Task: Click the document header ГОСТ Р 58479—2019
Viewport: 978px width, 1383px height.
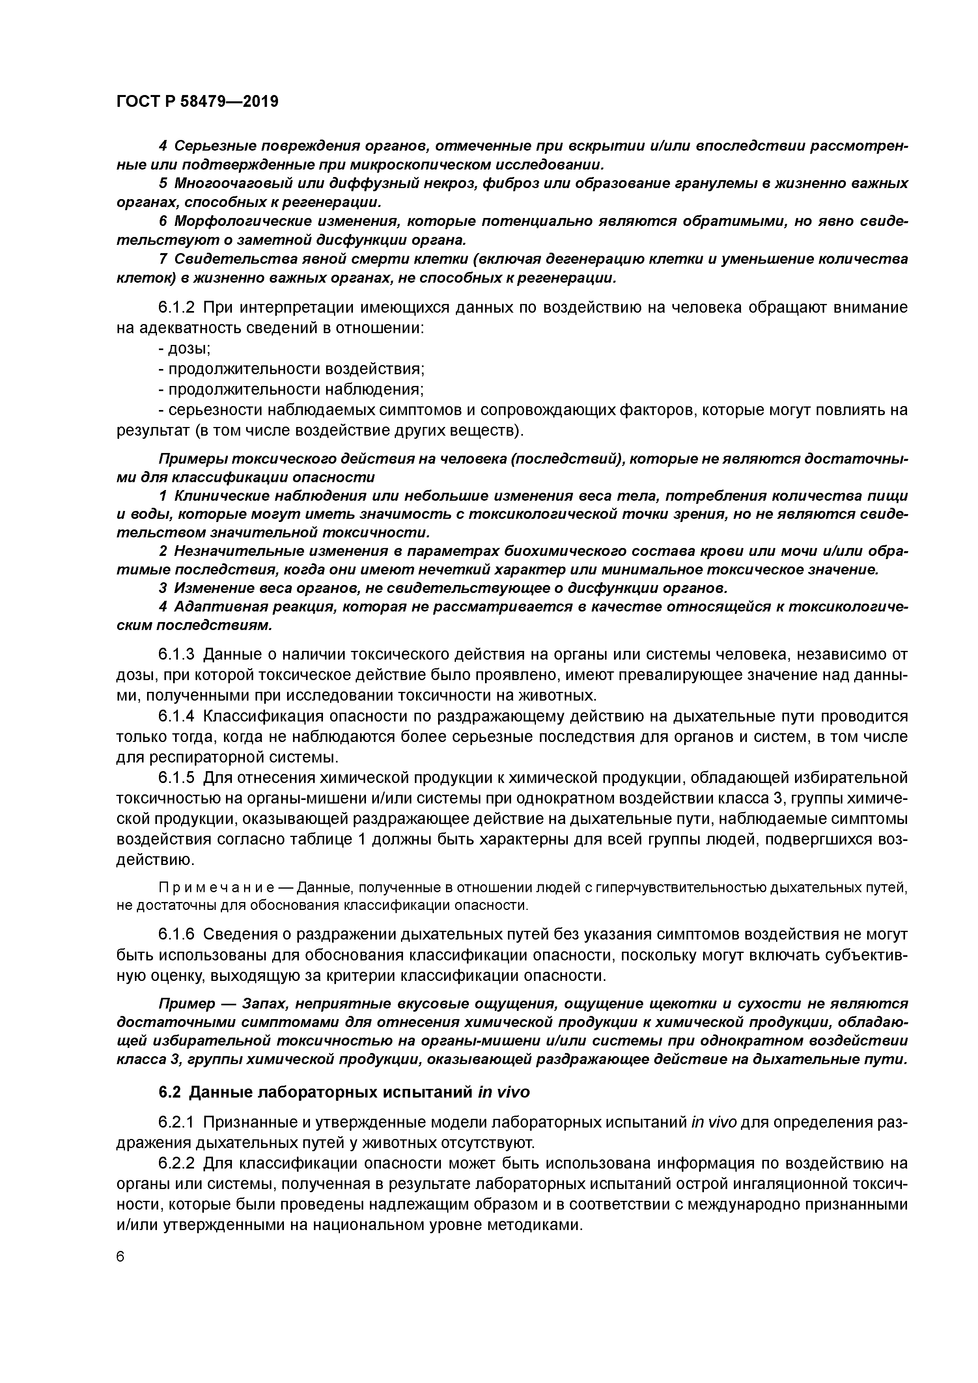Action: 197,102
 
